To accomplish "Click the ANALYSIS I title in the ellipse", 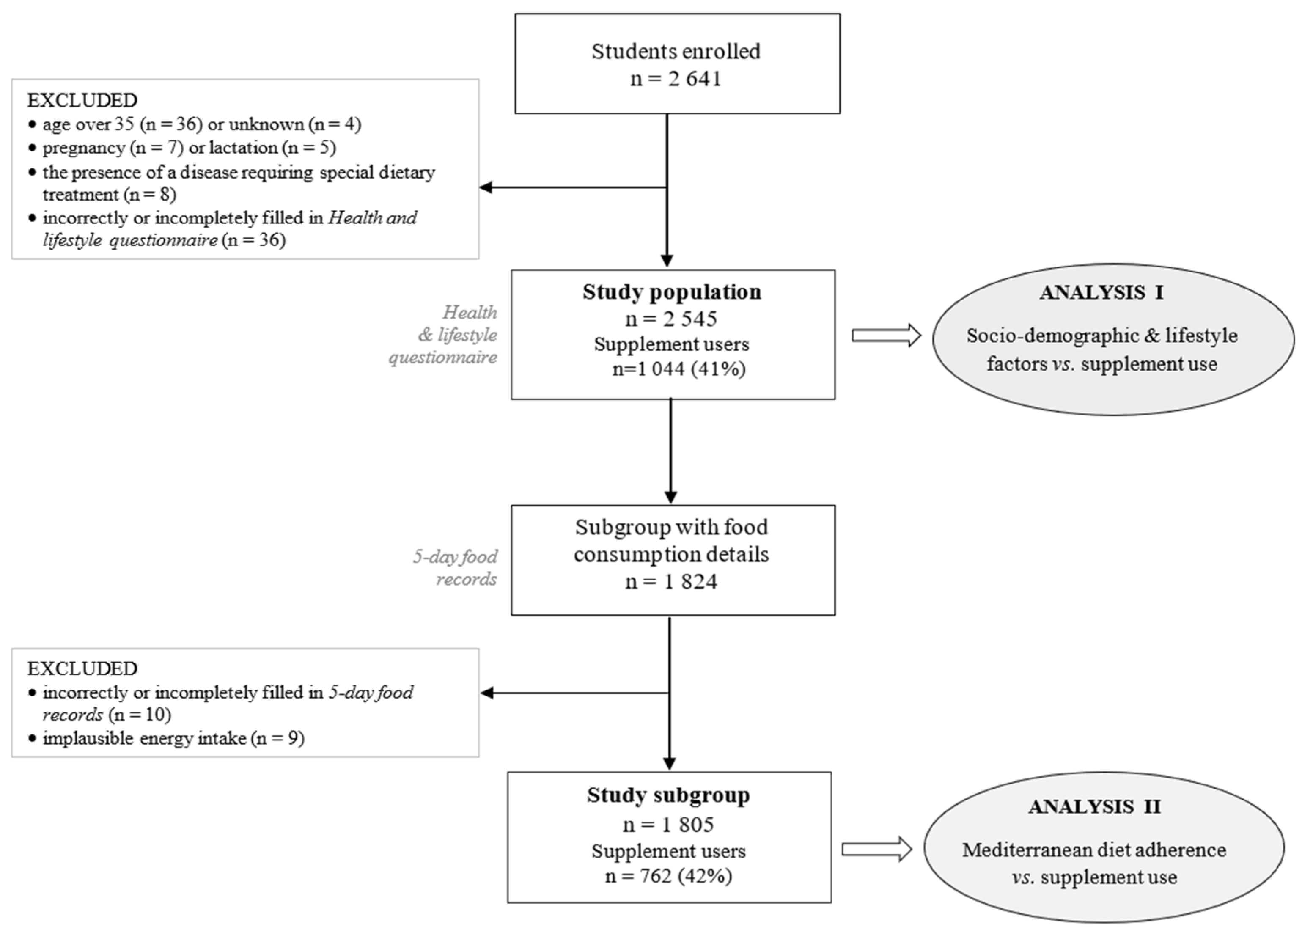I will pyautogui.click(x=1101, y=292).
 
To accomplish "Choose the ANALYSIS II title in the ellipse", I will pyautogui.click(x=1094, y=806).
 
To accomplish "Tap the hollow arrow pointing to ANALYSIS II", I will pyautogui.click(x=876, y=849).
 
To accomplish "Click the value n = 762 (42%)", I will pyautogui.click(x=668, y=876).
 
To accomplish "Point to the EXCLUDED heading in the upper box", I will pyautogui.click(x=82, y=100).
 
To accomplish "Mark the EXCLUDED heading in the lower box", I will pyautogui.click(x=82, y=669).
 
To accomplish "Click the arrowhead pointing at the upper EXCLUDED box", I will pyautogui.click(x=486, y=187).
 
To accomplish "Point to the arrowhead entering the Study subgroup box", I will pyautogui.click(x=669, y=764).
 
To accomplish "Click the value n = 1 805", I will pyautogui.click(x=668, y=825).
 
